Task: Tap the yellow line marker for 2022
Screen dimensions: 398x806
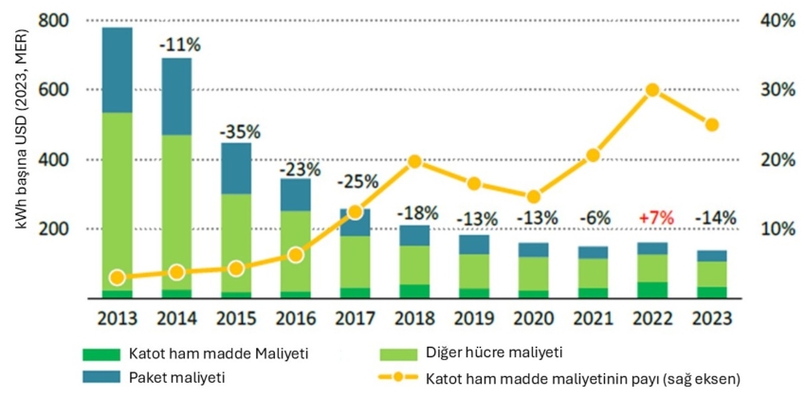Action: (652, 90)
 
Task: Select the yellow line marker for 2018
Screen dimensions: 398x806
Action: (413, 161)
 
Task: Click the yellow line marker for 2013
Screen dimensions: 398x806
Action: (117, 278)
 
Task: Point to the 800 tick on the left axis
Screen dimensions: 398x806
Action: (59, 21)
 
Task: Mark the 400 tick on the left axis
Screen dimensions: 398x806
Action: (59, 159)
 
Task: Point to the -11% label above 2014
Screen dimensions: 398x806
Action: (178, 45)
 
